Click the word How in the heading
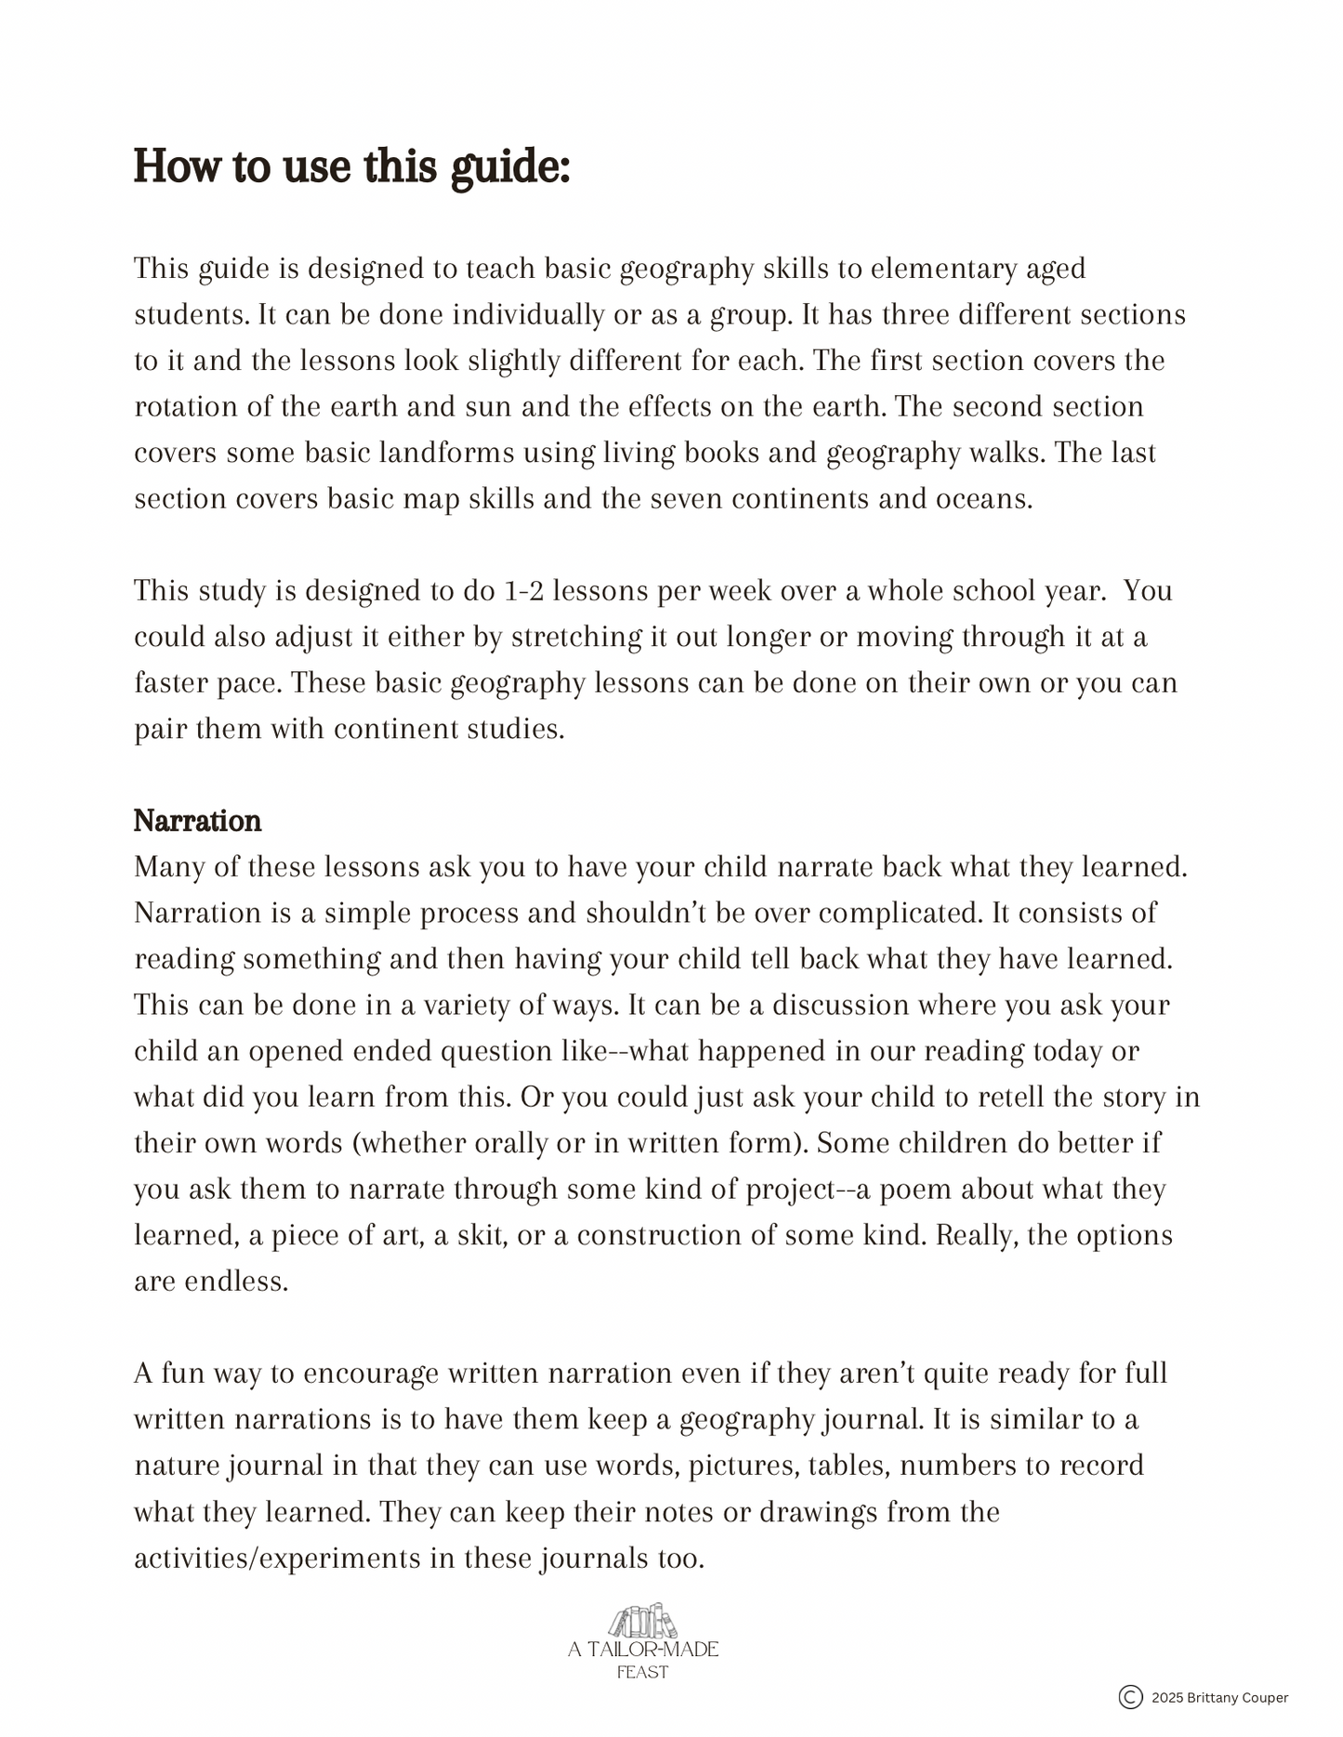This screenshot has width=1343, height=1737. tap(177, 166)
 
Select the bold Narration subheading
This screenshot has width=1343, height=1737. tap(197, 821)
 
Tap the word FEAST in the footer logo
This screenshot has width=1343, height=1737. tap(642, 1672)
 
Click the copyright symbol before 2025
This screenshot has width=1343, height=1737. tap(1130, 1697)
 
